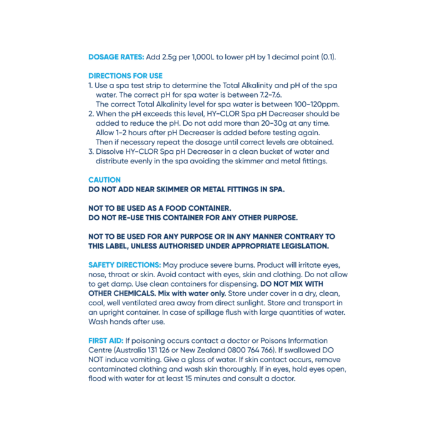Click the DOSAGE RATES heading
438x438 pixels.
click(x=116, y=56)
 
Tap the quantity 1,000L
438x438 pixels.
click(x=211, y=56)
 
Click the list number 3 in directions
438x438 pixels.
click(x=90, y=151)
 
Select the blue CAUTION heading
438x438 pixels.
click(x=104, y=180)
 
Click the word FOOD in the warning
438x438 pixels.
click(x=177, y=208)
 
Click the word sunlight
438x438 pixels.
click(x=253, y=303)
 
